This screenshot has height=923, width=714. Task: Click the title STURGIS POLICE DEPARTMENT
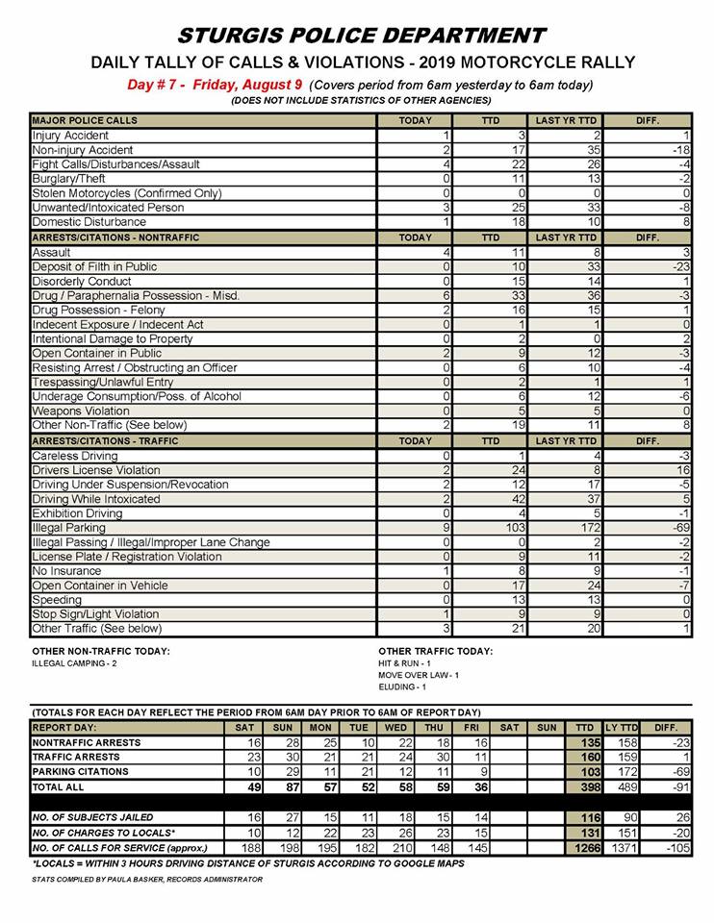(362, 36)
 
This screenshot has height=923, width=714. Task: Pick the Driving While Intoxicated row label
(96, 500)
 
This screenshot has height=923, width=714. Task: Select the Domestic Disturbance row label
(89, 222)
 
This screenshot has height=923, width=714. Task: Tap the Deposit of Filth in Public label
(94, 266)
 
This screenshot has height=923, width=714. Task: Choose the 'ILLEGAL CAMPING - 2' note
(74, 663)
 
